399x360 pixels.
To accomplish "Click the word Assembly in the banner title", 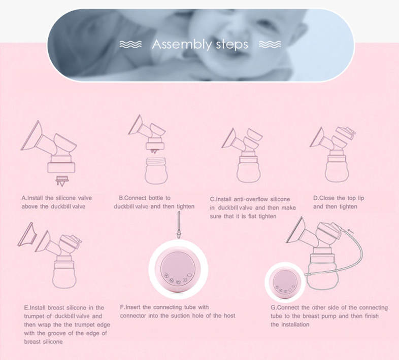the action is [182, 45].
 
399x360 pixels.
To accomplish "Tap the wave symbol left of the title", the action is [130, 44].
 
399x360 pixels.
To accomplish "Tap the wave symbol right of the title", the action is [270, 44].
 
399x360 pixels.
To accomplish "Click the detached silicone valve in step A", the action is [62, 181].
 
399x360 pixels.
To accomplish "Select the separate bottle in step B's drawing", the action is [156, 171].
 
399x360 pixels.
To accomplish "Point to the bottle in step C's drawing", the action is [248, 167].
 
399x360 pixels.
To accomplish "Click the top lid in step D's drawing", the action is [346, 133].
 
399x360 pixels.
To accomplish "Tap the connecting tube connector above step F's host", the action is [179, 225].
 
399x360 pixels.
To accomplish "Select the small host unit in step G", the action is [285, 283].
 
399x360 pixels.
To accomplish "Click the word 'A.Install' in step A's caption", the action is [32, 198].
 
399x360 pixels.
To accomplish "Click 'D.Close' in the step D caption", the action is [324, 198].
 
